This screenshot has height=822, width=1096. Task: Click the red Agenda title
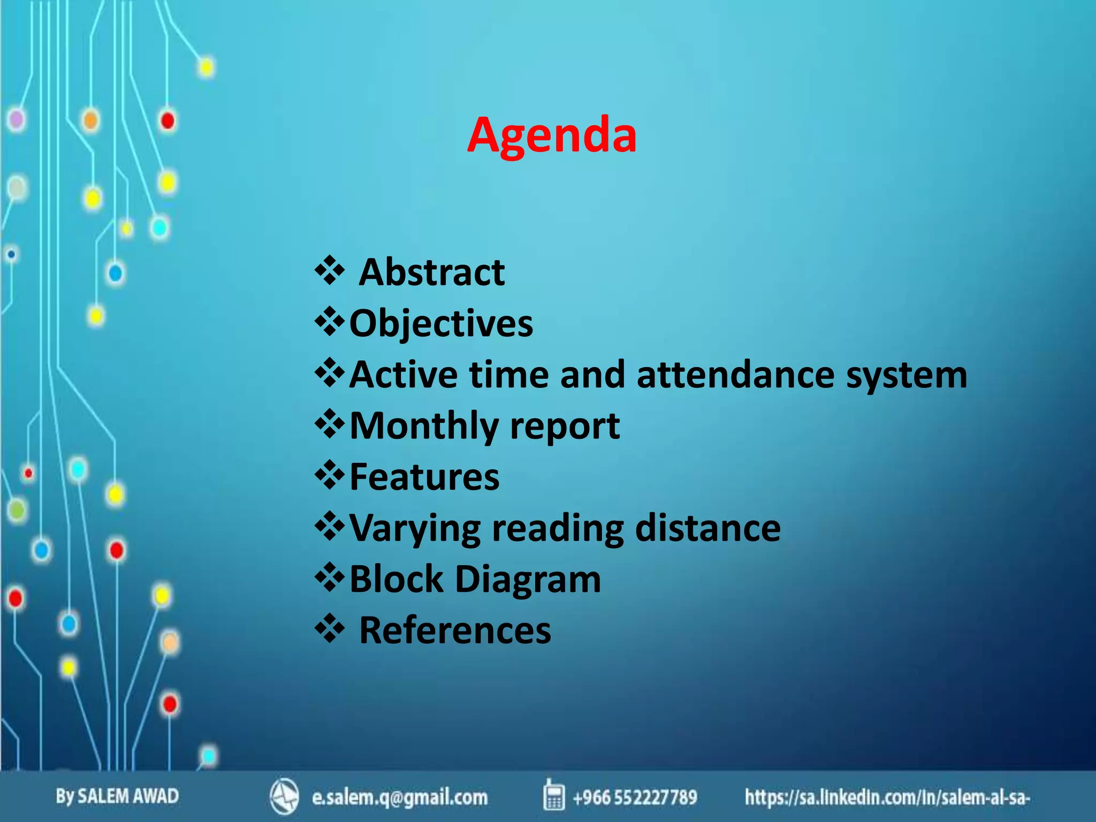pyautogui.click(x=552, y=135)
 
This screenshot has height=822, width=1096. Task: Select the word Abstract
pyautogui.click(x=431, y=272)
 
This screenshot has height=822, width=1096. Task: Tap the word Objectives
pyautogui.click(x=441, y=323)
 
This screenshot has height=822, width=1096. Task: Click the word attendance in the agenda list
pyautogui.click(x=735, y=374)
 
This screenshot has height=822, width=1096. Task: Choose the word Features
pyautogui.click(x=424, y=476)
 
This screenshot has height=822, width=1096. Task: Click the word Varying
pyautogui.click(x=415, y=529)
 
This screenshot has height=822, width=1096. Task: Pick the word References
pyautogui.click(x=455, y=630)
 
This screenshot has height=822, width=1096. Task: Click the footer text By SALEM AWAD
pyautogui.click(x=117, y=796)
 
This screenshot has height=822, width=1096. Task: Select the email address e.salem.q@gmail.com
pyautogui.click(x=400, y=797)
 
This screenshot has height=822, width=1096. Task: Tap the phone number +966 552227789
pyautogui.click(x=635, y=797)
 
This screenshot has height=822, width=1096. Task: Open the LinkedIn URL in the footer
pyautogui.click(x=887, y=797)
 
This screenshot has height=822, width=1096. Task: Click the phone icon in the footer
pyautogui.click(x=554, y=795)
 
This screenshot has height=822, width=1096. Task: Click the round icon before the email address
pyautogui.click(x=284, y=796)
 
